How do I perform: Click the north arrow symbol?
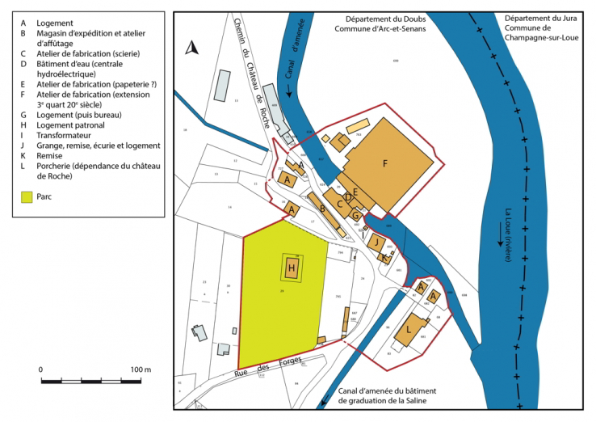coord(191,49)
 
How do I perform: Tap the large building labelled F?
coord(386,163)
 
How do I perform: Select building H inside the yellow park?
coord(292,266)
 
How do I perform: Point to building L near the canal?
coord(410,330)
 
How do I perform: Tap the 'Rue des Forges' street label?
coord(255,372)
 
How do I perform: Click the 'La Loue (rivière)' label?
coord(508,234)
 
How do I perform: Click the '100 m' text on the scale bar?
coord(141,369)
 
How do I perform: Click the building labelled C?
coord(341,205)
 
